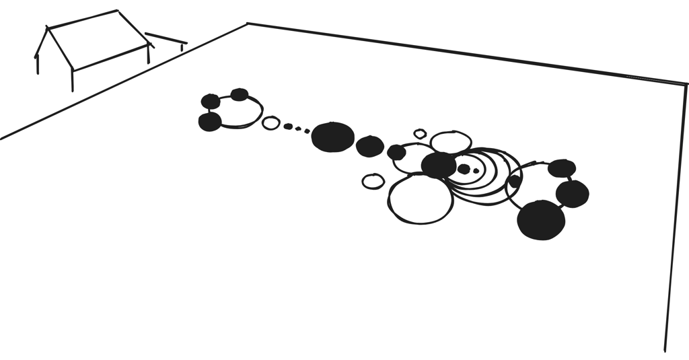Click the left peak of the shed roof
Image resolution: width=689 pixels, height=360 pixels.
point(47,28)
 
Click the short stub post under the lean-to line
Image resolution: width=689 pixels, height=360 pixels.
point(181,47)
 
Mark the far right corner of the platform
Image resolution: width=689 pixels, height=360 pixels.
point(686,85)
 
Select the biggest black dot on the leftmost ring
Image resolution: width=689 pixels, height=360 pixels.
point(210,122)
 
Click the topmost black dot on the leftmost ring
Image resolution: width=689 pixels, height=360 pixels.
point(239,94)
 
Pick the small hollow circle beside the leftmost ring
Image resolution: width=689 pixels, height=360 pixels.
point(270,122)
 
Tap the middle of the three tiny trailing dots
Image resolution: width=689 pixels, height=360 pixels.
point(298,128)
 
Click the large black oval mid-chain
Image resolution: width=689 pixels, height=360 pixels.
point(332,137)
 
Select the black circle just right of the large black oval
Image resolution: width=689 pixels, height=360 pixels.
point(369,146)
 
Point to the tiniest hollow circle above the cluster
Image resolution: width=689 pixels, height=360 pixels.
point(421,134)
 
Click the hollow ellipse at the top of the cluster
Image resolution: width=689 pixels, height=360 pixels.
point(450,141)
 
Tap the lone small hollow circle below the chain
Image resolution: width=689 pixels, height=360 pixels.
point(373,181)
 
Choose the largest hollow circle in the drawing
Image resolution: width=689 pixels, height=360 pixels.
point(421,199)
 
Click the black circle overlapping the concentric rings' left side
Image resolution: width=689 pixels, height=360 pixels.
point(439,165)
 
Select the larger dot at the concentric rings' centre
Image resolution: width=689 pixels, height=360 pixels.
point(464,169)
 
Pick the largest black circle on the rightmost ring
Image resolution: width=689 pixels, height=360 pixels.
point(541,220)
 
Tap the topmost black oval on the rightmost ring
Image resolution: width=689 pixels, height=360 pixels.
point(561,168)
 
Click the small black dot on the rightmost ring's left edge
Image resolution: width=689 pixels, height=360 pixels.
point(515,181)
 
